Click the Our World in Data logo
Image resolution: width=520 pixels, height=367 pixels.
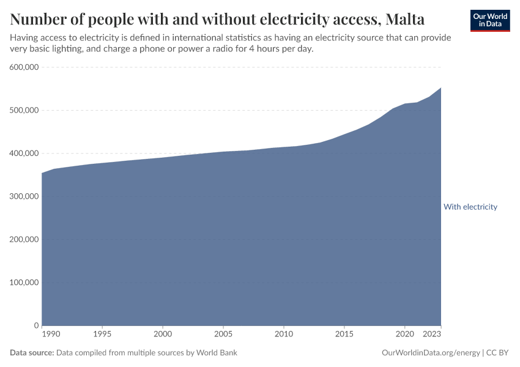tap(490, 20)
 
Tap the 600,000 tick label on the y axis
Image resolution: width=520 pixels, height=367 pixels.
tap(24, 67)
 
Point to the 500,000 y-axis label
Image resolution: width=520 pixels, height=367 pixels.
tap(24, 110)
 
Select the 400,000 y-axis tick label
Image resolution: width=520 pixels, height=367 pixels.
tap(24, 154)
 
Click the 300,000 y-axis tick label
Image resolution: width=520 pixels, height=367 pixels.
tap(24, 196)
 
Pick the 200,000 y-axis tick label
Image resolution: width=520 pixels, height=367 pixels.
tap(24, 239)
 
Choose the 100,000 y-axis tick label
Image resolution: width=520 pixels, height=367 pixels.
tap(24, 283)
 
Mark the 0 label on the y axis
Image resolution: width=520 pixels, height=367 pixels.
tap(37, 325)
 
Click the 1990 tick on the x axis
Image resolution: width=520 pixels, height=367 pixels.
tap(51, 335)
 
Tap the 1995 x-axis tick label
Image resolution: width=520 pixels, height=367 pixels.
tap(102, 335)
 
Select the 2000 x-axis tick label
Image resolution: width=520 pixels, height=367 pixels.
tap(162, 335)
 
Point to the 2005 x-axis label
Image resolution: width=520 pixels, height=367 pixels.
tap(223, 335)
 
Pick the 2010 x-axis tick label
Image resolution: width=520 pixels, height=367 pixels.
tap(283, 335)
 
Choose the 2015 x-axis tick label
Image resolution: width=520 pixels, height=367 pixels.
tap(344, 335)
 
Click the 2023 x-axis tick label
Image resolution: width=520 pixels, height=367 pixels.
tap(433, 335)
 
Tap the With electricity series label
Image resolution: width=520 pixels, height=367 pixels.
tap(470, 207)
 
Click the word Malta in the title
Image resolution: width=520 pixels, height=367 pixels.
tap(405, 20)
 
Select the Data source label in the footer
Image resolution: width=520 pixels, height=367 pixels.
tap(32, 353)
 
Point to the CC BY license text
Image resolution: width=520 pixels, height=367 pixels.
tap(498, 353)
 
